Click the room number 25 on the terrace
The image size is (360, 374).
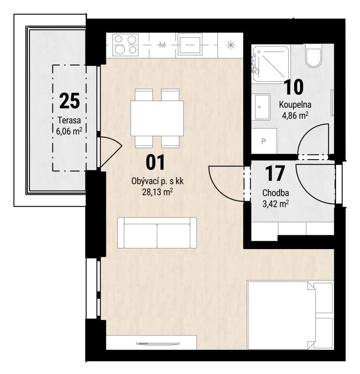pyautogui.click(x=70, y=101)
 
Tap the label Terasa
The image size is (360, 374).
pyautogui.click(x=69, y=120)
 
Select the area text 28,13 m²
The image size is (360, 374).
pyautogui.click(x=158, y=192)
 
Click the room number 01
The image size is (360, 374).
pyautogui.click(x=155, y=162)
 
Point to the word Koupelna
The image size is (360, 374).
pyautogui.click(x=295, y=105)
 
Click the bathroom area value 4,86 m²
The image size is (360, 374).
pyautogui.click(x=295, y=116)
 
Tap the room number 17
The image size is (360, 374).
pyautogui.click(x=275, y=174)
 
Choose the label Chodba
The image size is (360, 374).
pyautogui.click(x=275, y=193)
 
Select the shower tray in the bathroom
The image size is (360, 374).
pyautogui.click(x=271, y=64)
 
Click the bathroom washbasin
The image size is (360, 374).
pyautogui.click(x=262, y=107)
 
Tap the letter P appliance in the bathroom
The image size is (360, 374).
pyautogui.click(x=264, y=141)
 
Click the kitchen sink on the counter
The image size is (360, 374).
pyautogui.click(x=190, y=45)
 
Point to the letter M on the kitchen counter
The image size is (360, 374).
pyautogui.click(x=162, y=45)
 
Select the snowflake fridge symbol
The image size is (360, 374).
pyautogui.click(x=231, y=45)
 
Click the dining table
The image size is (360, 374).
pyautogui.click(x=157, y=118)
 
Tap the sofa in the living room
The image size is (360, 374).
pyautogui.click(x=157, y=233)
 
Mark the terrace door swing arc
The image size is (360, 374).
pyautogui.click(x=111, y=152)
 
